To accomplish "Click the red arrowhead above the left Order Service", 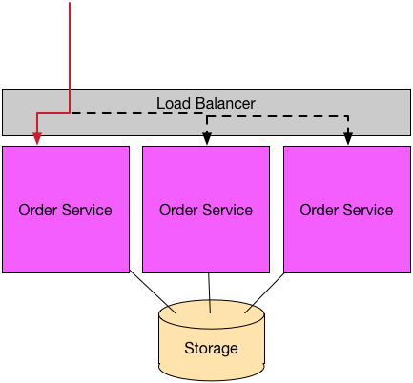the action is click(x=37, y=139).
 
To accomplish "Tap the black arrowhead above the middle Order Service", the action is click(x=207, y=139).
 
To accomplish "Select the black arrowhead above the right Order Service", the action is click(x=348, y=139).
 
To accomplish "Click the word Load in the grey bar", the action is click(x=174, y=103).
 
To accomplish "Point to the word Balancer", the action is click(x=225, y=103).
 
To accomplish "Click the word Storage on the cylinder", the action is click(x=211, y=349).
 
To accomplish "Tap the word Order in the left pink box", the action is click(x=37, y=210).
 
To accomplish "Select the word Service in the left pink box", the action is click(x=87, y=210).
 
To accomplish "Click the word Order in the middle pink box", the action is click(x=178, y=210).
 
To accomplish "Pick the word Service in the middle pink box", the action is click(x=228, y=210).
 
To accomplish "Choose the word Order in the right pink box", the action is click(x=319, y=210).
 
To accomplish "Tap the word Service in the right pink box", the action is click(x=368, y=210).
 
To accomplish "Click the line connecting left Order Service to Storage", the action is click(x=153, y=292).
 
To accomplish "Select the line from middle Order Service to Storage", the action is click(x=209, y=292).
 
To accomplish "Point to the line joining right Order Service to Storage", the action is click(x=264, y=293).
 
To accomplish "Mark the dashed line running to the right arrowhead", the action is click(x=278, y=116).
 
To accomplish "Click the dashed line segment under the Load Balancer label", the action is click(x=136, y=113).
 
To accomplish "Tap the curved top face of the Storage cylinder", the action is click(x=212, y=313).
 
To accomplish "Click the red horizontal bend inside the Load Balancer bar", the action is click(x=53, y=113).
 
